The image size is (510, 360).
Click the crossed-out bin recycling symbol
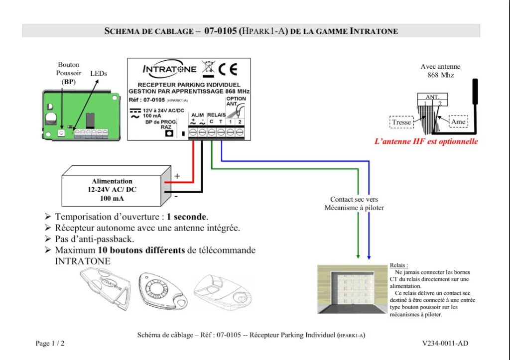(x=208, y=69)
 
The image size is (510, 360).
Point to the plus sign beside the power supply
(x=176, y=176)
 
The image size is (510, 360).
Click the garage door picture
(x=353, y=289)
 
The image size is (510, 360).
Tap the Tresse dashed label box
(x=401, y=122)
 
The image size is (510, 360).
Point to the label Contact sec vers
(x=354, y=199)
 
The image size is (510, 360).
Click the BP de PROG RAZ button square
(x=169, y=133)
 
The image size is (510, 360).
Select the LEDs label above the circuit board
(x=99, y=73)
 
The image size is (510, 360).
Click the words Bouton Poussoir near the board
(x=69, y=69)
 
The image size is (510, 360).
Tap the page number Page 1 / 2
(x=50, y=344)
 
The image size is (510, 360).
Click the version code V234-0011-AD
(x=445, y=343)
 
